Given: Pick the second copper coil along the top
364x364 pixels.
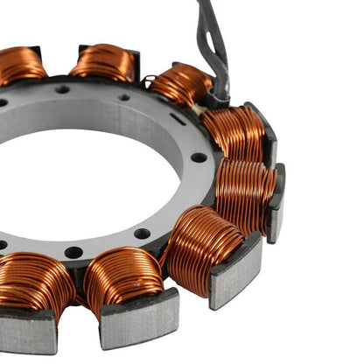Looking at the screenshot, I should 102,62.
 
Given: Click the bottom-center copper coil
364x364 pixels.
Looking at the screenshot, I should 122,277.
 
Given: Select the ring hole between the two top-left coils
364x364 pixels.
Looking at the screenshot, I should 62,89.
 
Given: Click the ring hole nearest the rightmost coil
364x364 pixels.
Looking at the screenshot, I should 199,158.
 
